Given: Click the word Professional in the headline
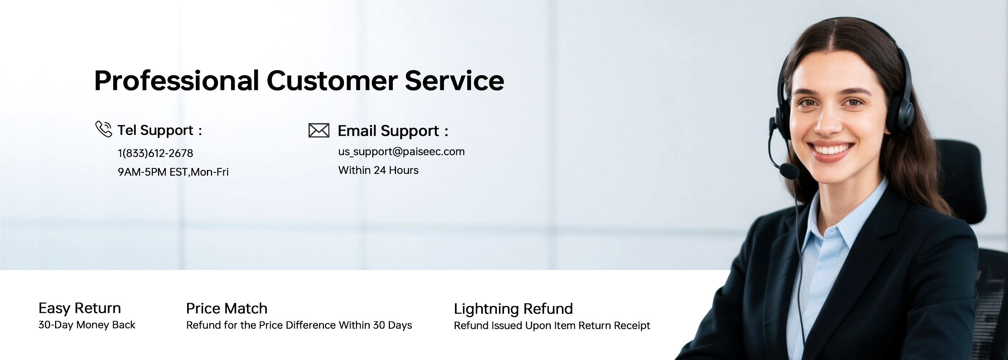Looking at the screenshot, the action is click(176, 81).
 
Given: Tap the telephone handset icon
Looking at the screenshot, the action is click(104, 129).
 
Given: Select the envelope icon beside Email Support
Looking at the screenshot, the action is click(319, 130).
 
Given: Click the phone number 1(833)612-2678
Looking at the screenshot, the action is click(156, 153).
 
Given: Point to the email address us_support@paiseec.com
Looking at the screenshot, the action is click(401, 152).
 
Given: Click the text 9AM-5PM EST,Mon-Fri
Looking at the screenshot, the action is click(173, 172).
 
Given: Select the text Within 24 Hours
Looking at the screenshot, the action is click(378, 170).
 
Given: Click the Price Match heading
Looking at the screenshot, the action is click(226, 309).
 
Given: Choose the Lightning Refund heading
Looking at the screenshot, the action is click(513, 309).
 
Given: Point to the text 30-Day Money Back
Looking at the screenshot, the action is click(87, 325).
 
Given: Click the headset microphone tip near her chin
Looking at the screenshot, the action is click(789, 171).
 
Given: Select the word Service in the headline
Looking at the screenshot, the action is click(454, 81).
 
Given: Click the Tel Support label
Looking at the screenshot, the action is click(159, 130).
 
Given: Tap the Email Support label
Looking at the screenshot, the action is click(393, 131).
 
